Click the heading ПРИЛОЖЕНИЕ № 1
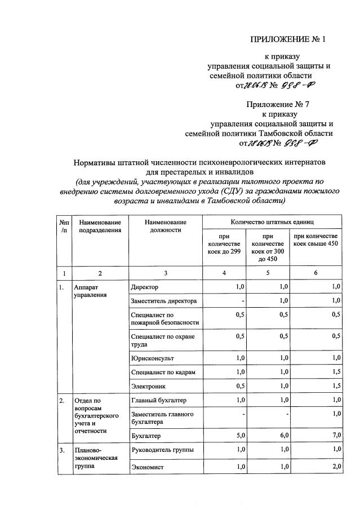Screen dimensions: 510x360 point(288,39)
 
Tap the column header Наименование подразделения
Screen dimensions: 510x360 point(100,226)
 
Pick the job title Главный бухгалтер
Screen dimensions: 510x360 point(158,400)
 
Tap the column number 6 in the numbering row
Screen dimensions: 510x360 point(315,273)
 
